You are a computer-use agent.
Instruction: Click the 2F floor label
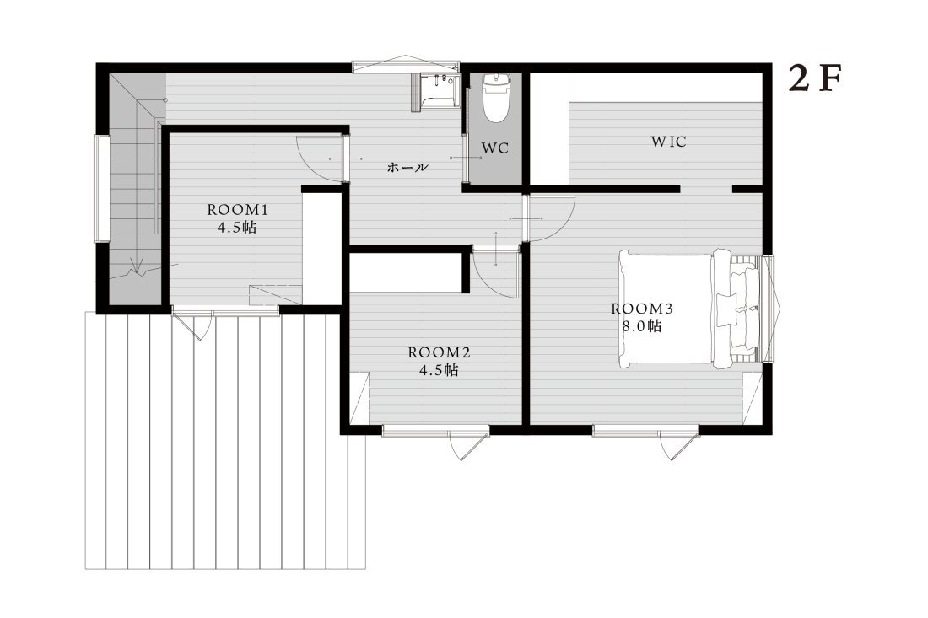pyautogui.click(x=815, y=79)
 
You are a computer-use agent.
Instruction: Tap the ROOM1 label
pyautogui.click(x=238, y=209)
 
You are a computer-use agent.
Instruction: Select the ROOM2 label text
pyautogui.click(x=440, y=352)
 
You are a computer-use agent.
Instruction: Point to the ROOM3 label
pyautogui.click(x=642, y=308)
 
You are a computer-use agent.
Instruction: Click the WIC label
pyautogui.click(x=669, y=142)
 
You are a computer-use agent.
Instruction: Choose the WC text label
pyautogui.click(x=494, y=148)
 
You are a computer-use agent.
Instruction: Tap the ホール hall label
pyautogui.click(x=407, y=168)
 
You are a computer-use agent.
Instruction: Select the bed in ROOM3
pyautogui.click(x=689, y=309)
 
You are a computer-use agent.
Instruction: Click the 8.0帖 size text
pyautogui.click(x=642, y=325)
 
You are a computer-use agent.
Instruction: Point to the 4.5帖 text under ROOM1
pyautogui.click(x=237, y=227)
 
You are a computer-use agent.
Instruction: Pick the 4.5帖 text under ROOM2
pyautogui.click(x=440, y=370)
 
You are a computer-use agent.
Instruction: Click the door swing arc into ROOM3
pyautogui.click(x=562, y=227)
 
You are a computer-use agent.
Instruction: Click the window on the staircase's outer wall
pyautogui.click(x=102, y=189)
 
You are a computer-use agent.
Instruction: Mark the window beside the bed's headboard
pyautogui.click(x=769, y=308)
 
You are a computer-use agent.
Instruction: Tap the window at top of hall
pyautogui.click(x=406, y=65)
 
